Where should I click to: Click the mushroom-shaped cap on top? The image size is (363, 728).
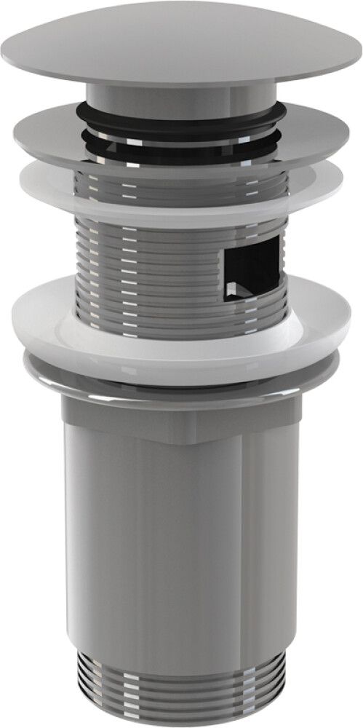click(x=182, y=44)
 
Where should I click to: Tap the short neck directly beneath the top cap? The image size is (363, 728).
click(x=182, y=95)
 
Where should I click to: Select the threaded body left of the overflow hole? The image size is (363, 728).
click(x=145, y=255)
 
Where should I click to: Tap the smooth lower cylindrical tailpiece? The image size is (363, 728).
click(x=182, y=546)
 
